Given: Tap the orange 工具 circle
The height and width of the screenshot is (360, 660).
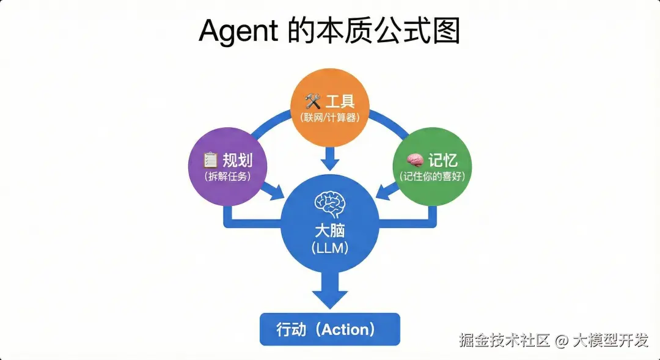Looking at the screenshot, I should point(330,107).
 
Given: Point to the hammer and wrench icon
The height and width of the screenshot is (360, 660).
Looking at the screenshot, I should point(313,101).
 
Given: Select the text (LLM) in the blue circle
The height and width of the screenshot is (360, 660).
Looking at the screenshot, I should point(330,249).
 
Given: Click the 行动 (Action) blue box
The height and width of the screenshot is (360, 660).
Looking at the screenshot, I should point(330,329).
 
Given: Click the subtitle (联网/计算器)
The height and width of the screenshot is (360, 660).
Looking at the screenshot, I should point(330,116).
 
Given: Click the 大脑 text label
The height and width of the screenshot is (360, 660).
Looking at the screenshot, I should point(330,232).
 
